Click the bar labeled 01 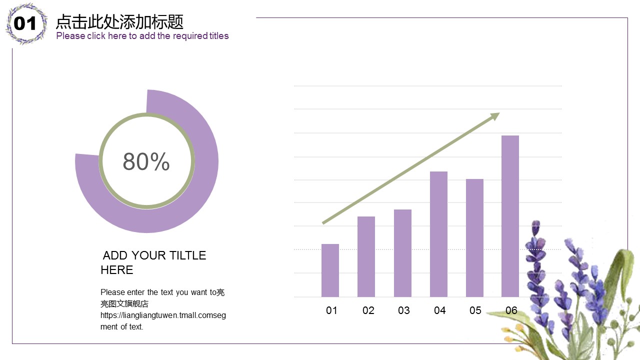[x=330, y=270]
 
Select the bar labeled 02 [x=366, y=256]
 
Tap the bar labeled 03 [x=402, y=253]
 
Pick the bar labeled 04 [x=438, y=234]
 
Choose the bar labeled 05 [x=474, y=237]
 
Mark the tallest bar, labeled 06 [x=510, y=216]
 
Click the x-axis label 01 [x=331, y=310]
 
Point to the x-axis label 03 [x=403, y=310]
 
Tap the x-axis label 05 [x=475, y=310]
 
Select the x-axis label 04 [x=439, y=310]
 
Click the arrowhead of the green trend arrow [x=494, y=116]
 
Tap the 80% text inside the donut [x=146, y=161]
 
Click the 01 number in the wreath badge [x=25, y=23]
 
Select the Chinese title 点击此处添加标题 [x=119, y=22]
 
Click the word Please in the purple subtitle [x=70, y=36]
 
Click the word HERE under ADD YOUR [x=116, y=270]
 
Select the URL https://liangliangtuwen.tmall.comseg [x=163, y=315]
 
